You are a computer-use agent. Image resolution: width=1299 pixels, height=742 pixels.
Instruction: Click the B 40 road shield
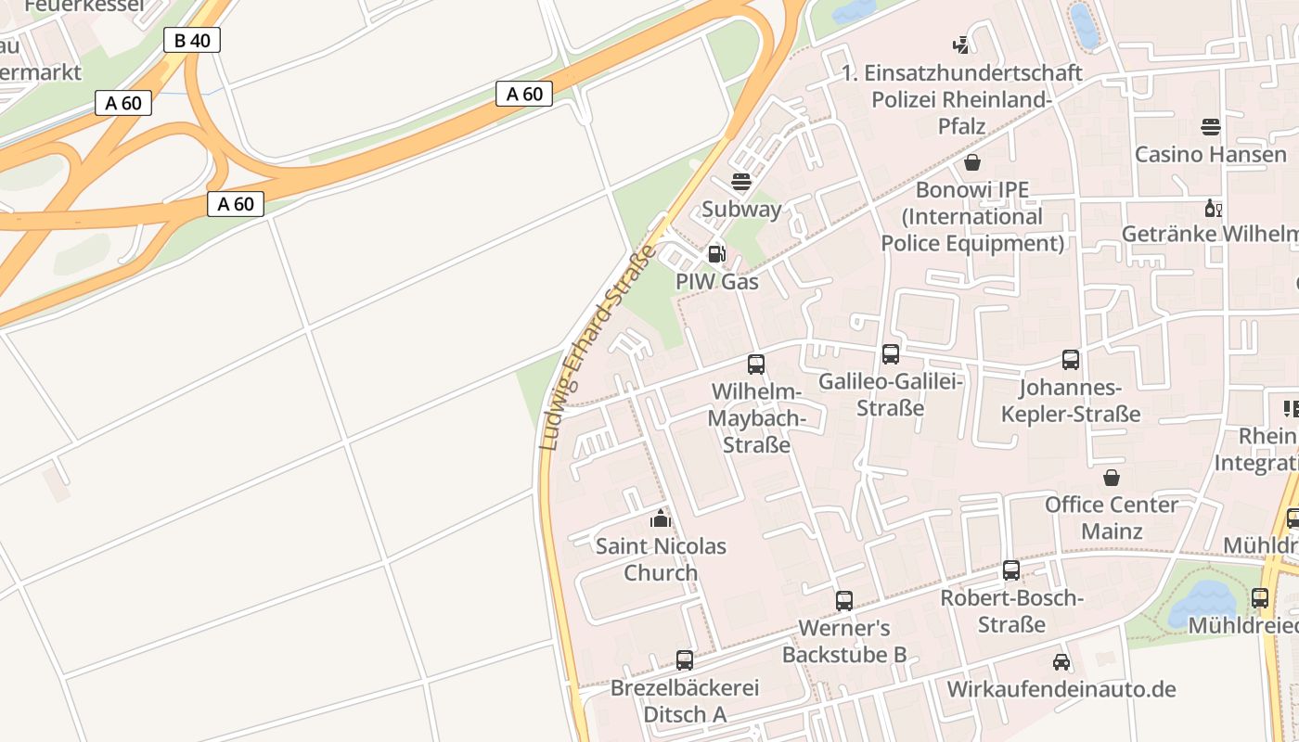(192, 40)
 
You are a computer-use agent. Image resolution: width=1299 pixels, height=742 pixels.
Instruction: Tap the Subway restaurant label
(741, 209)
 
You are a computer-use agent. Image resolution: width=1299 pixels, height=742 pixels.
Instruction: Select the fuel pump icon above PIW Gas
(715, 253)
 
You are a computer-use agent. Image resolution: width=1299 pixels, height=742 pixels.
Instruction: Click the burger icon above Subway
(740, 181)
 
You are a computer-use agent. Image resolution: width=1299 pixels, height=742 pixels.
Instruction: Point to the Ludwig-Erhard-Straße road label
(599, 347)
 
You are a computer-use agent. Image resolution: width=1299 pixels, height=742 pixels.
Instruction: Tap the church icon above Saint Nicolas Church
(661, 518)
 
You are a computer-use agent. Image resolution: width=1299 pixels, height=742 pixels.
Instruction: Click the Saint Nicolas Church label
(661, 559)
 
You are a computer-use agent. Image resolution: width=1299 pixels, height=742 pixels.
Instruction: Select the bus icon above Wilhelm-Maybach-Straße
(756, 364)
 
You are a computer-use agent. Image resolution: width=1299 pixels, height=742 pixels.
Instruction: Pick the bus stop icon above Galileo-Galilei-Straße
(891, 353)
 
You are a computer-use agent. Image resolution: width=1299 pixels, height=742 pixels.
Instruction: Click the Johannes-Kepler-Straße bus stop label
(1071, 401)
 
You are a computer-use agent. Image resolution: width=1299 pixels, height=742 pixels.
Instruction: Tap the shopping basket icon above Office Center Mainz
(1111, 478)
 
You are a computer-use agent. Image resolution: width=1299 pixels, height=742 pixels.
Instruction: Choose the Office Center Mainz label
(1111, 518)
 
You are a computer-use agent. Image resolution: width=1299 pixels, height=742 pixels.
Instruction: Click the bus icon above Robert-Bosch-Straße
(1011, 570)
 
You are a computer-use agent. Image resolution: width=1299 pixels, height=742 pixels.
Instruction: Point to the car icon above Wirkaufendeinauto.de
(1061, 662)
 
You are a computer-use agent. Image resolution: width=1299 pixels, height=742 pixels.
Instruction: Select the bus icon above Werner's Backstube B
(844, 600)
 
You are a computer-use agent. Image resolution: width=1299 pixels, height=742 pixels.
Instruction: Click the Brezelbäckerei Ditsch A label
(685, 701)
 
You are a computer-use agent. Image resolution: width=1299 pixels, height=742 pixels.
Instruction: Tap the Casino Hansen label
(1211, 154)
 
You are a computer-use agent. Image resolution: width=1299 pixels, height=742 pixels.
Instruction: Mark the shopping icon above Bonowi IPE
(972, 163)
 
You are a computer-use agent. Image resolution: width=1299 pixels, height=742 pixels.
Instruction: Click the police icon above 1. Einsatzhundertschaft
(961, 44)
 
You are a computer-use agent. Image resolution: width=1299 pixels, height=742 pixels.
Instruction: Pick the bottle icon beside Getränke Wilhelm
(1212, 208)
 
